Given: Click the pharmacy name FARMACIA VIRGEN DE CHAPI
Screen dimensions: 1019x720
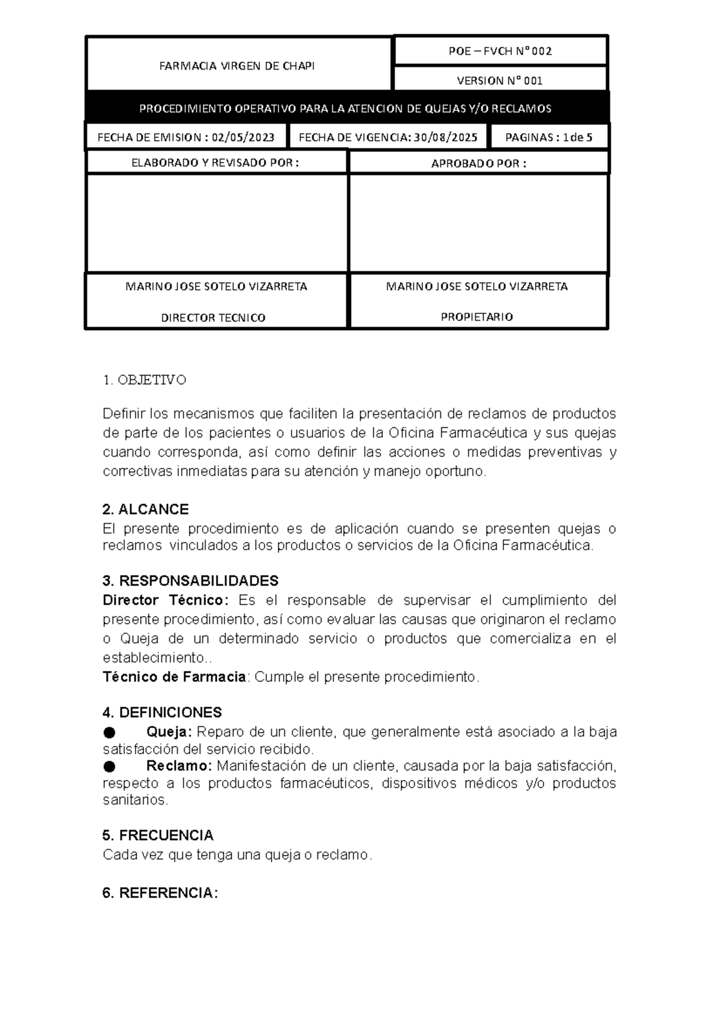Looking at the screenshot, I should tap(236, 66).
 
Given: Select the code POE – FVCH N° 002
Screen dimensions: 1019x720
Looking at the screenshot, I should tap(500, 51).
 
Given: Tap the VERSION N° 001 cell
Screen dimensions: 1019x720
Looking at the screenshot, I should tap(500, 80).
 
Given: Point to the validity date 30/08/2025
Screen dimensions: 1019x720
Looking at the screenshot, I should tap(445, 137).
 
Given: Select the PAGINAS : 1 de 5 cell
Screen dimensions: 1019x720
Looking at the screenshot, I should tap(548, 137).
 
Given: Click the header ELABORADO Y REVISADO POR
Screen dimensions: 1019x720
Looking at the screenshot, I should tap(215, 163).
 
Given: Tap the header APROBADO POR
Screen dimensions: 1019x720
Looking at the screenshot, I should tap(478, 163).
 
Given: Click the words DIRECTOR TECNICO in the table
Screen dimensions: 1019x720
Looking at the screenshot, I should tap(213, 317).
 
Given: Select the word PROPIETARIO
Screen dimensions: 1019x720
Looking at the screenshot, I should tap(477, 317).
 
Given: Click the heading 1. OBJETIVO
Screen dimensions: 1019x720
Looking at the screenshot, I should tap(145, 380).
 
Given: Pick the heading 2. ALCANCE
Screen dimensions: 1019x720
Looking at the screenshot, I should tap(146, 510).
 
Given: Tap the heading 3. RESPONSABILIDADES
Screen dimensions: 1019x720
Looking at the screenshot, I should tap(190, 581).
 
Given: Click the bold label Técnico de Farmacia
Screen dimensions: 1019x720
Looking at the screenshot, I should tap(174, 677).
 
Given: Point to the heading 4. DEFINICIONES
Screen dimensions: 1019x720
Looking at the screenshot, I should tap(162, 712).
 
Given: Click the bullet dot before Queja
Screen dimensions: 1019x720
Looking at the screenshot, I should tap(109, 732).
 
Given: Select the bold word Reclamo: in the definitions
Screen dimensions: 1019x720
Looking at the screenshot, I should tap(179, 766).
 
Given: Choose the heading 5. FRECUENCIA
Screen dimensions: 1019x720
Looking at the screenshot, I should tap(158, 835).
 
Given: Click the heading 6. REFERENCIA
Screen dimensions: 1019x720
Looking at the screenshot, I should tap(160, 893).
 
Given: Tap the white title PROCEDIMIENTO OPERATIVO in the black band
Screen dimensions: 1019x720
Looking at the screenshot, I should tap(344, 109).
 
